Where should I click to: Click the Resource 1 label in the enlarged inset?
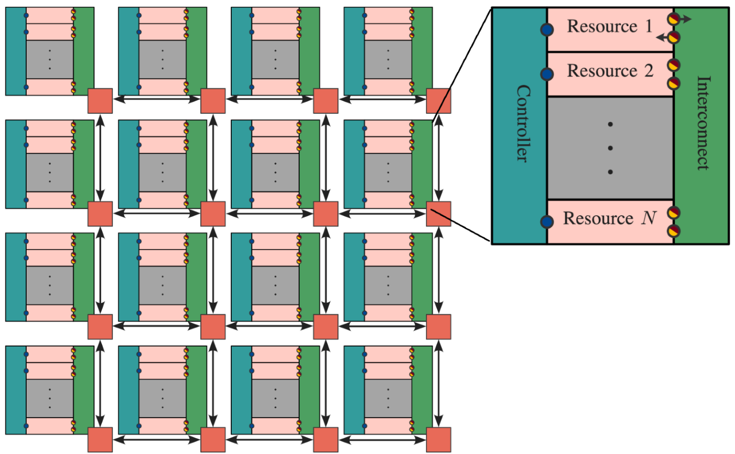coord(609,26)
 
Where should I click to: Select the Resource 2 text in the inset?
coord(610,71)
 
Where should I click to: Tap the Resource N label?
coord(609,218)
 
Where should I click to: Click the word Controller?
coord(523,123)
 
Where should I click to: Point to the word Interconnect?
coord(703,123)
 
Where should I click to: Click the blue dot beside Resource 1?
coord(547,30)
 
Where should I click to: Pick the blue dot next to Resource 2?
coord(547,74)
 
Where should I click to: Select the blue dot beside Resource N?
coord(547,222)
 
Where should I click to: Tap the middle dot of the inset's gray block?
coord(610,148)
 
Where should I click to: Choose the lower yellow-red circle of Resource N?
coord(674,231)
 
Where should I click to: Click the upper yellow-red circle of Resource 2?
coord(674,65)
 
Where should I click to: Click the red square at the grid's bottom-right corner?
coord(438,439)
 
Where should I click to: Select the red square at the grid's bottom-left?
coord(100,439)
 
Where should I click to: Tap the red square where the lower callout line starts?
coord(438,213)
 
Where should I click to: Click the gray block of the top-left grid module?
coord(50,59)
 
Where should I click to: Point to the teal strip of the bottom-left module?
coord(16,389)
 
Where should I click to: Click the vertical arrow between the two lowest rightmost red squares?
coord(438,383)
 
